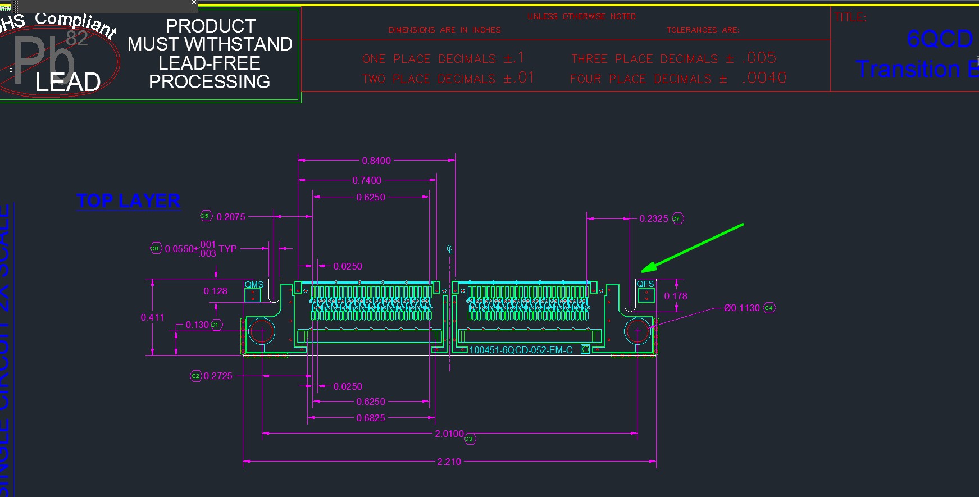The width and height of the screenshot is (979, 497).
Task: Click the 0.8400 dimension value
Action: (376, 161)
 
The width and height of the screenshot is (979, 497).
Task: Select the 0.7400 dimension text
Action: (367, 180)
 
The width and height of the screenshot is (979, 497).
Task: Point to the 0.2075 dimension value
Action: (231, 217)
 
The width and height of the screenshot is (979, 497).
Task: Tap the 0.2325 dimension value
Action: (654, 218)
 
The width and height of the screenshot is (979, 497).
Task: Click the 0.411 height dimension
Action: (152, 317)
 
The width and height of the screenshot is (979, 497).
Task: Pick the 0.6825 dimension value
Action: (371, 418)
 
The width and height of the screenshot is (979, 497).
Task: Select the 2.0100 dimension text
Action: (449, 434)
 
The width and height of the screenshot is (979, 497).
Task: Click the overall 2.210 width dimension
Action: (449, 462)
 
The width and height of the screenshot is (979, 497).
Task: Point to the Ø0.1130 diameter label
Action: (741, 308)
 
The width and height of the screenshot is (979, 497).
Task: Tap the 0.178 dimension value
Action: (676, 296)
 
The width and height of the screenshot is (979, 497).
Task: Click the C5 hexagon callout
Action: (205, 216)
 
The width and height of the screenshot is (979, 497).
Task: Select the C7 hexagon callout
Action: (677, 218)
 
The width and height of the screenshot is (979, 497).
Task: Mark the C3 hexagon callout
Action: (469, 439)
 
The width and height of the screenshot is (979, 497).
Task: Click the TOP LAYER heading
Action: (129, 201)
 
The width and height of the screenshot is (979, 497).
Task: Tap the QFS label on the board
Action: (645, 284)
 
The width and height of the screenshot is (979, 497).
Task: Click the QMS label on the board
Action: (254, 285)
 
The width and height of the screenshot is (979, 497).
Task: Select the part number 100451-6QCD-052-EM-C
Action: (521, 350)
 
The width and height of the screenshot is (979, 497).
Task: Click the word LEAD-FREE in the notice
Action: (210, 63)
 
